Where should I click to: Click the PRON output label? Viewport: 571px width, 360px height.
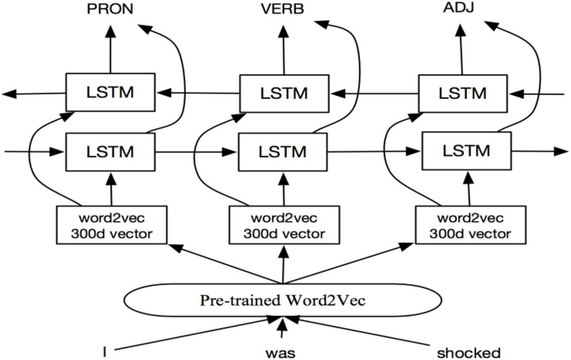pyautogui.click(x=110, y=9)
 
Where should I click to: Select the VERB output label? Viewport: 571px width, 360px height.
pyautogui.click(x=282, y=9)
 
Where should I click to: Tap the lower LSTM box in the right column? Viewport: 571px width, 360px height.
pyautogui.click(x=466, y=151)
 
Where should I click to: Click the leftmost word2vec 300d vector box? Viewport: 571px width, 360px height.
pyautogui.click(x=111, y=225)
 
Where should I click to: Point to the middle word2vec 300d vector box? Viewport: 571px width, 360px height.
pyautogui.click(x=284, y=225)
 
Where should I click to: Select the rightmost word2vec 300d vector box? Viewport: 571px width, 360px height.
pyautogui.click(x=470, y=225)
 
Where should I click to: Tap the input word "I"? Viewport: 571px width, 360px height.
pyautogui.click(x=105, y=351)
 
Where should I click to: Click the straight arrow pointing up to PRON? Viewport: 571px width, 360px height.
pyautogui.click(x=110, y=48)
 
